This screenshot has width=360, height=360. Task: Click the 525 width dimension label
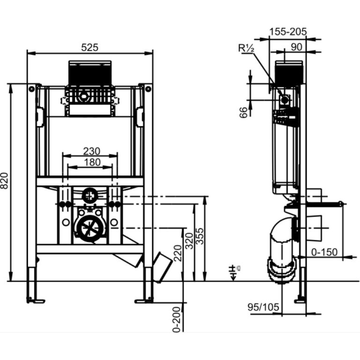click(89, 47)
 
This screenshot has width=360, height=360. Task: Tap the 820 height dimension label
click(4, 181)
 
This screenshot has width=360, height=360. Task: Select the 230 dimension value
click(91, 151)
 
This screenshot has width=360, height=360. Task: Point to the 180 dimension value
click(92, 162)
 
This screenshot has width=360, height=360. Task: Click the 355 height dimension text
click(200, 236)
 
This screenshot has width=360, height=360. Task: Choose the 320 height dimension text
click(190, 241)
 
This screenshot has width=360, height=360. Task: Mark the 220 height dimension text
click(178, 253)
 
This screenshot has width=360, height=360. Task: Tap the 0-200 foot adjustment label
click(177, 319)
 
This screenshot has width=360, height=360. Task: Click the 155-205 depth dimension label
click(288, 32)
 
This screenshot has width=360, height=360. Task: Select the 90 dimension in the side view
click(296, 47)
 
